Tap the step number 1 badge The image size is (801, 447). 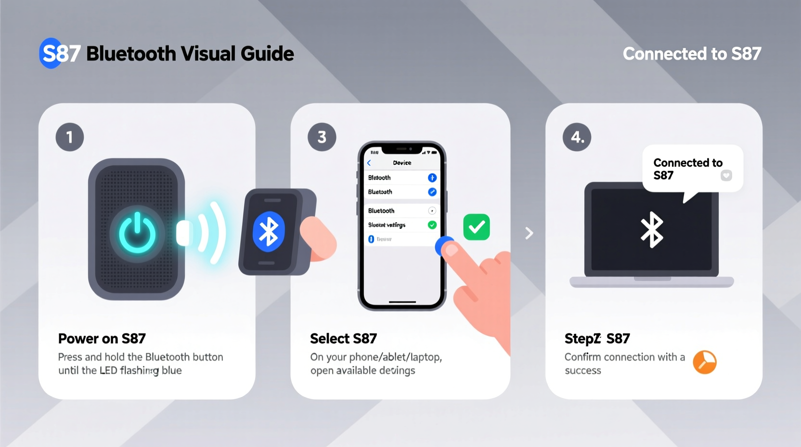[x=70, y=137]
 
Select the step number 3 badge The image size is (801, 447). [x=322, y=137]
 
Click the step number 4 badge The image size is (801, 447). [x=577, y=137]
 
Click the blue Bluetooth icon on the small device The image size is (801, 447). [x=269, y=231]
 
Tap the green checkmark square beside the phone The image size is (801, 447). [x=477, y=227]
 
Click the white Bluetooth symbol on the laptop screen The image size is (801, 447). [x=652, y=229]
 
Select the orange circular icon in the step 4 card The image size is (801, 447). [x=705, y=362]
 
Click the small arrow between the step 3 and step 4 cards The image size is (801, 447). [x=529, y=233]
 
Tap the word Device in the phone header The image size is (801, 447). [x=402, y=163]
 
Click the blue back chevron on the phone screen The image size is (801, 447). [x=369, y=163]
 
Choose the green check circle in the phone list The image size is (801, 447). [x=432, y=225]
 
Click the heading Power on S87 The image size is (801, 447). [x=102, y=339]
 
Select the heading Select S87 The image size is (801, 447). [x=343, y=339]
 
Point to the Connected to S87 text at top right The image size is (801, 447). [x=692, y=53]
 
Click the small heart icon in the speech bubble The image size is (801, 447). [x=726, y=175]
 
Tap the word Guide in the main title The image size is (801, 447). [x=267, y=53]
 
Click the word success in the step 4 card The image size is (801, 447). [x=582, y=370]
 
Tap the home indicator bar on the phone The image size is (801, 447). [x=402, y=302]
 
